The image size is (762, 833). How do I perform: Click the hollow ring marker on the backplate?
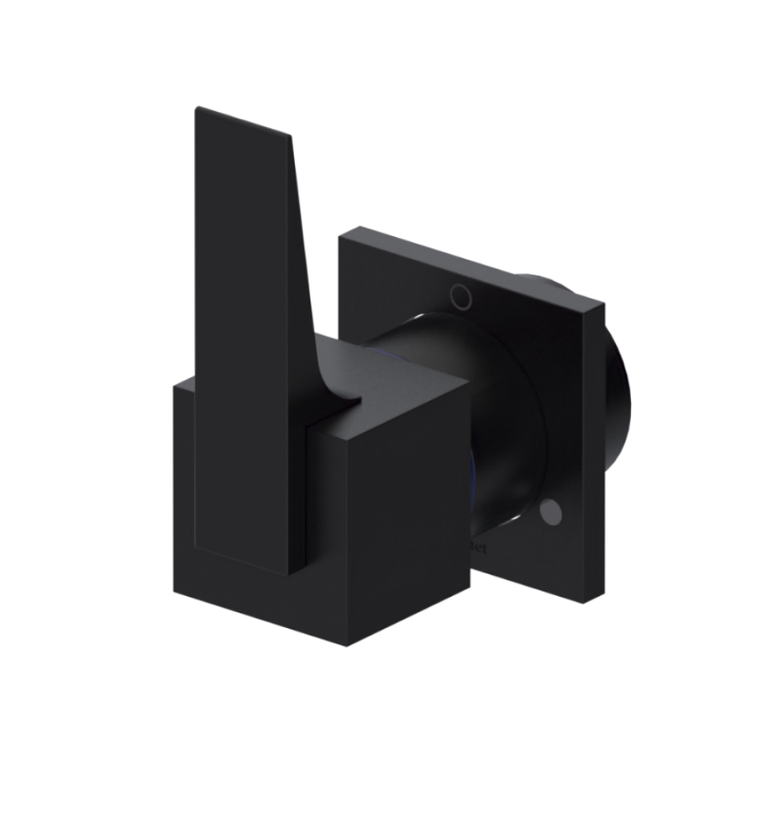pyautogui.click(x=461, y=295)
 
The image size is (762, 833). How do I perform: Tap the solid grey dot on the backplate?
pyautogui.click(x=550, y=513)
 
